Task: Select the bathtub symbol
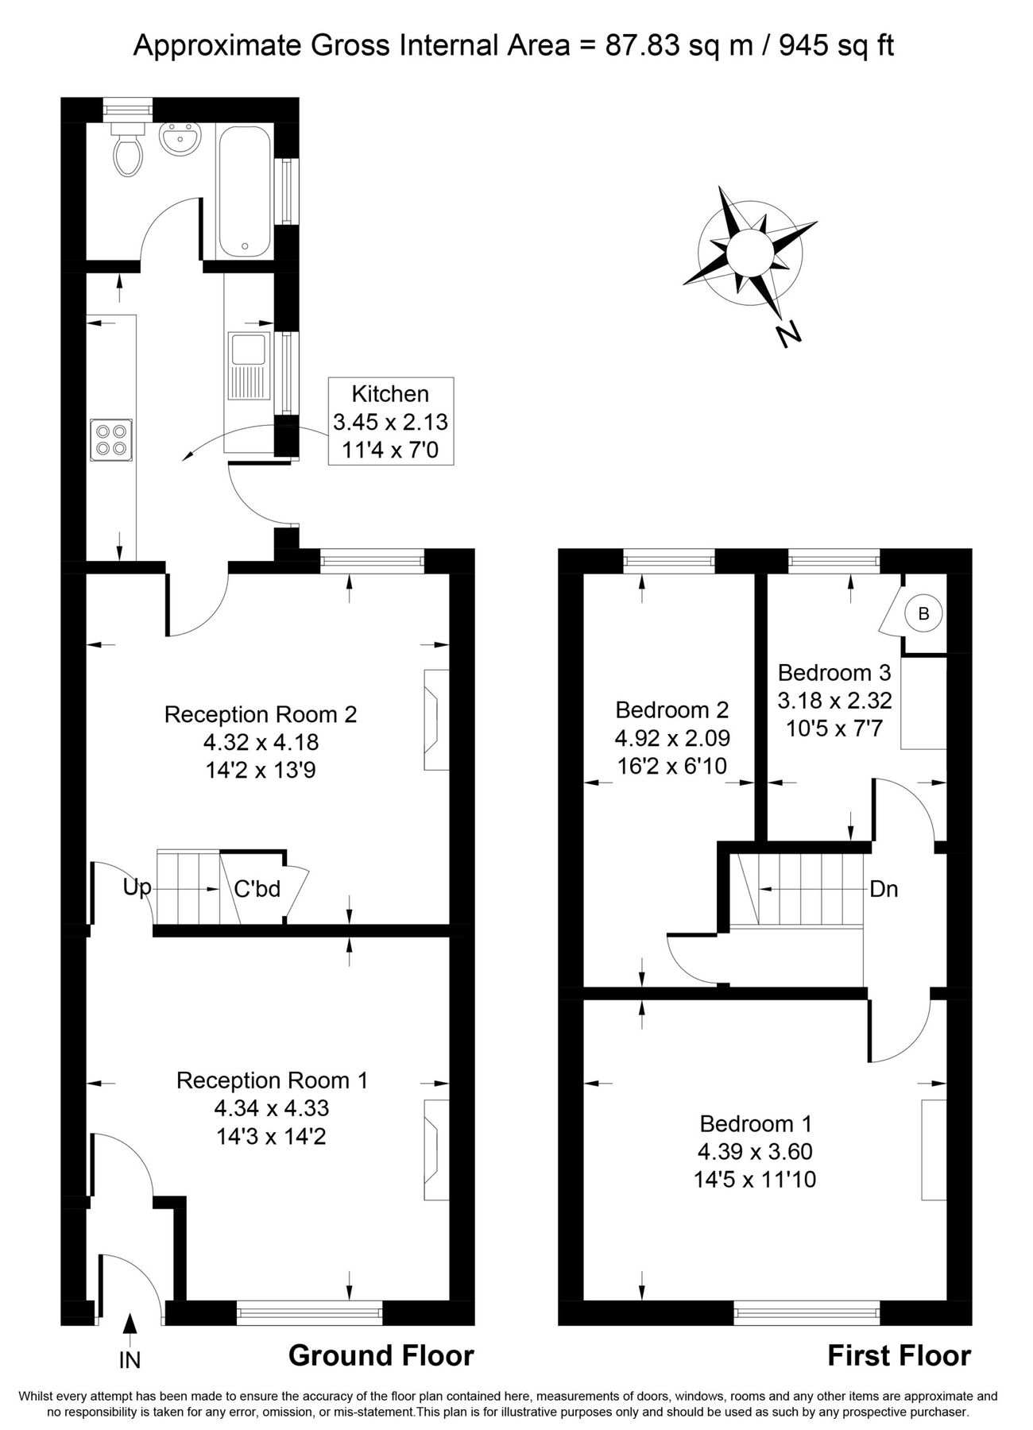245,191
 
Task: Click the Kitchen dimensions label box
390,422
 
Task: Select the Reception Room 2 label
260,714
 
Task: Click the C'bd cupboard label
257,889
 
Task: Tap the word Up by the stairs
137,887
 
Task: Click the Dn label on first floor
884,889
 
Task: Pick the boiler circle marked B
923,613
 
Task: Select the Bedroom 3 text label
834,673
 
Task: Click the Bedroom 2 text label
671,709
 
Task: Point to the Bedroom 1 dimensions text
755,1165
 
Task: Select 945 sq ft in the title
836,46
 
